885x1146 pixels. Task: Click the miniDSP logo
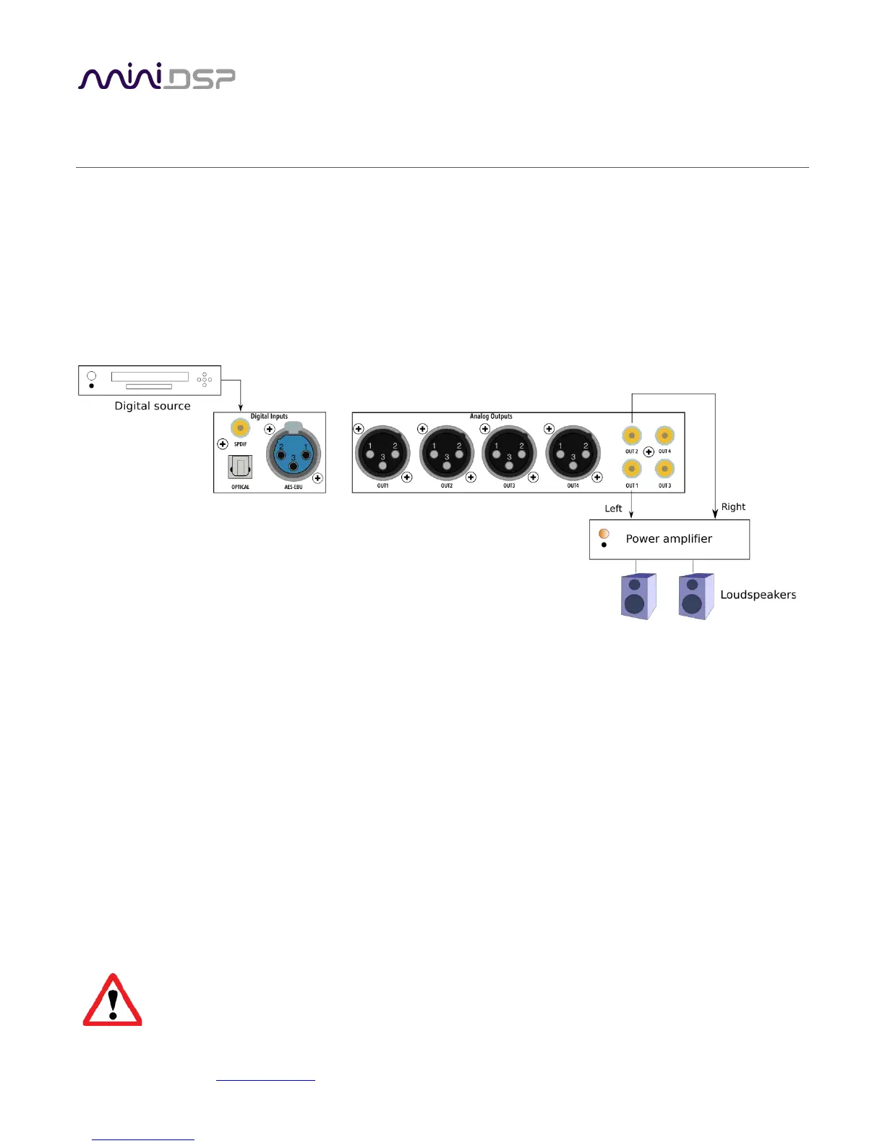coord(156,77)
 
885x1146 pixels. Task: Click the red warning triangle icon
coord(112,1001)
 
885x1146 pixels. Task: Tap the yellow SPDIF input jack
coord(240,428)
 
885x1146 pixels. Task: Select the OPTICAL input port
coord(240,468)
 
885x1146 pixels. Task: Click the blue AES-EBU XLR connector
coord(293,454)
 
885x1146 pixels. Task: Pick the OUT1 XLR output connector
coord(382,453)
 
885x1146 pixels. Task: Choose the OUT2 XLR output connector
coord(446,453)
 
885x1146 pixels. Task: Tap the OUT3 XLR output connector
coord(509,453)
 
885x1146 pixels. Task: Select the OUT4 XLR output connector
coord(573,453)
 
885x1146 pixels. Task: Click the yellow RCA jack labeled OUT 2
coord(632,436)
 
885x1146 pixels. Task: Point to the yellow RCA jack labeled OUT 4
coord(664,436)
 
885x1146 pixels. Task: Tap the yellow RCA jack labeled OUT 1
coord(632,470)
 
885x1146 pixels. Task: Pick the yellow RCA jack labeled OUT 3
coord(664,470)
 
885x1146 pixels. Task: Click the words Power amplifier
coord(669,539)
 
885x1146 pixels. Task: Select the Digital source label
coord(153,406)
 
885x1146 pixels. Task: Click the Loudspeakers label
coord(758,595)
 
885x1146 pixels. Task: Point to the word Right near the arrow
coord(733,507)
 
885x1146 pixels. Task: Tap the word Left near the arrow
coord(613,509)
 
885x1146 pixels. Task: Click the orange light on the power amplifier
coord(604,534)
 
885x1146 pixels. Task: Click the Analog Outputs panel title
coord(491,417)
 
